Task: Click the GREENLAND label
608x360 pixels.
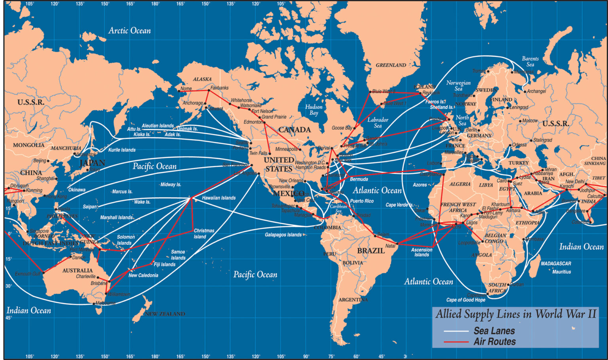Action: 391,65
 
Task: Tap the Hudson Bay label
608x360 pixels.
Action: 313,110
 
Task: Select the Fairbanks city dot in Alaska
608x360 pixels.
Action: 209,90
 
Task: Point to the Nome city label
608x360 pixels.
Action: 186,89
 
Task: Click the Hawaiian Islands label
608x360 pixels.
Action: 218,198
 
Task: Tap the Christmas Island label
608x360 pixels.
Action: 203,233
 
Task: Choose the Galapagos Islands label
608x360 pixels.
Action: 283,235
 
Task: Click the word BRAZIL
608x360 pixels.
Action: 370,250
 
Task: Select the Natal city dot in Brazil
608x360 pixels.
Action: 397,244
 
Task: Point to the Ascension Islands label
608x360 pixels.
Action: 422,252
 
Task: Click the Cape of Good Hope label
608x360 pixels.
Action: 465,300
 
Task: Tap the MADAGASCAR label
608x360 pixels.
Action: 556,263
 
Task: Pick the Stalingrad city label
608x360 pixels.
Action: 542,140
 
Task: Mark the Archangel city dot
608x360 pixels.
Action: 525,92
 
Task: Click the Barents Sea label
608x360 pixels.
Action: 530,61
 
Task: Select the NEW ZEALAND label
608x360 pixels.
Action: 165,314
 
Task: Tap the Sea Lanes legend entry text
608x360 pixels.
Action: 494,331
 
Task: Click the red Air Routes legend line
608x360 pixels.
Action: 456,342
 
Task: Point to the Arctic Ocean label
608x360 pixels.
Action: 129,30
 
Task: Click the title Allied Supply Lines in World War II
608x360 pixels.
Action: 515,315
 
